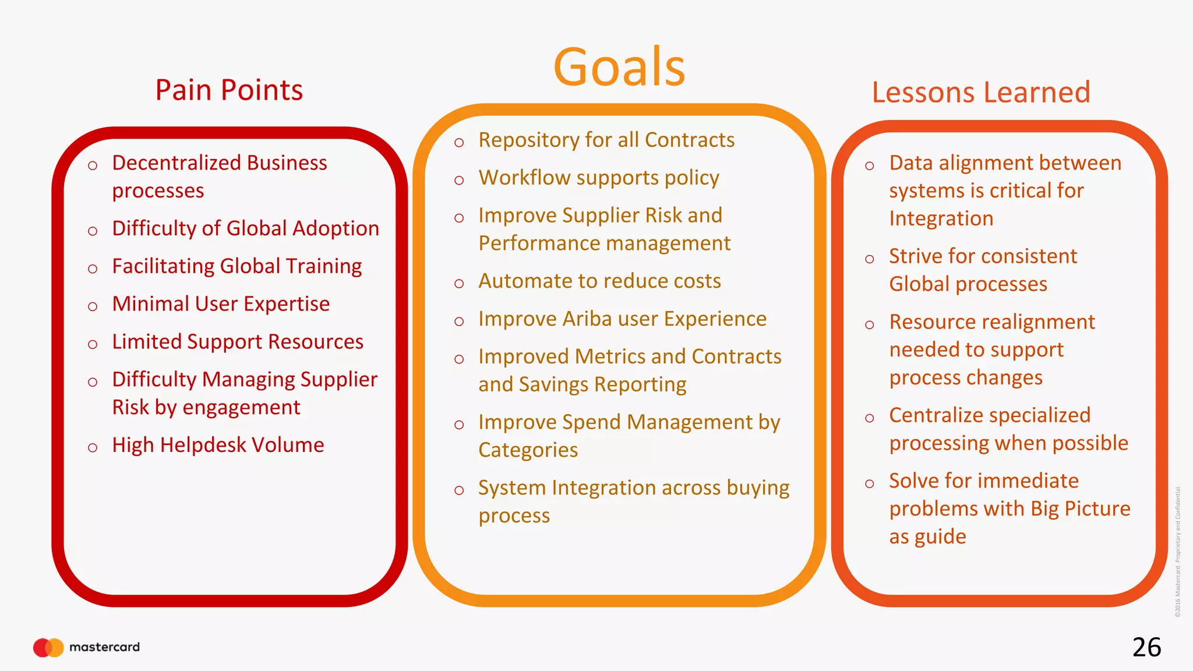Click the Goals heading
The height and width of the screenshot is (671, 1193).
(619, 67)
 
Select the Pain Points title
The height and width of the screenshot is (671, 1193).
(229, 90)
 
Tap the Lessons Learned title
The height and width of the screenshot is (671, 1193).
(980, 93)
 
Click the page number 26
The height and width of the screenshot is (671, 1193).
(1146, 647)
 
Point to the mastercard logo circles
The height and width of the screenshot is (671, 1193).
(48, 647)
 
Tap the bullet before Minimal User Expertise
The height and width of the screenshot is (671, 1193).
(93, 306)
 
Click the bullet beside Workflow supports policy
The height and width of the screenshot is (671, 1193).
(459, 180)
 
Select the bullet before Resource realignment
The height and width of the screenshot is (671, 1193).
(870, 324)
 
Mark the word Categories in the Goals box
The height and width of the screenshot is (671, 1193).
(528, 450)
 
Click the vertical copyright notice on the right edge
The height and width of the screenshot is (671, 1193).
(1177, 551)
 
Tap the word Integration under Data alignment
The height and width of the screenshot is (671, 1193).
(941, 219)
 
